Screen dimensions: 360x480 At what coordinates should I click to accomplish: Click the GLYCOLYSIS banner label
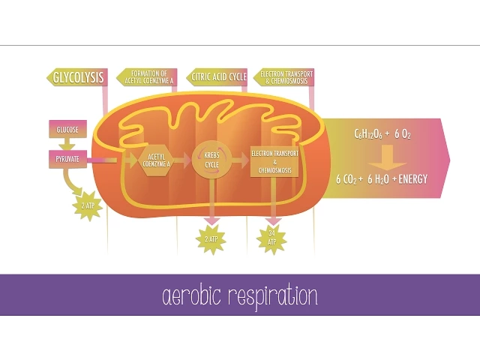77,76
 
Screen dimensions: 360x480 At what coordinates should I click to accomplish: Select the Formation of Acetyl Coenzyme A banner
146,76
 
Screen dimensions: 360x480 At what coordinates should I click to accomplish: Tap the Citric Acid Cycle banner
217,76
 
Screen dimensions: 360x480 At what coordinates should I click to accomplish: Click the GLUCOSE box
68,129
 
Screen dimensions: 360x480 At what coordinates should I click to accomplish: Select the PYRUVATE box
68,159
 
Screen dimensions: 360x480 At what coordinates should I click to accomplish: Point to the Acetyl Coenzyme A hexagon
157,160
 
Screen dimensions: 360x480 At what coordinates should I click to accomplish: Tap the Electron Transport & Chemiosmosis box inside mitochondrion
274,160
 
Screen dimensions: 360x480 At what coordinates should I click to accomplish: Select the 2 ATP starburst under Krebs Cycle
211,238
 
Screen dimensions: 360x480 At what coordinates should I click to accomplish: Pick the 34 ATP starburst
271,238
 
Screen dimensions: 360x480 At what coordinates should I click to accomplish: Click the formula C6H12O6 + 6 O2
382,134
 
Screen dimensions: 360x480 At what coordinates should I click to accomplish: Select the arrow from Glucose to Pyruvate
68,144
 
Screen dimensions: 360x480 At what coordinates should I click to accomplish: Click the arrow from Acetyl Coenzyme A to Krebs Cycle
184,160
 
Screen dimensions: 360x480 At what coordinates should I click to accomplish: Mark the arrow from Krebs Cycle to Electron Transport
239,160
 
